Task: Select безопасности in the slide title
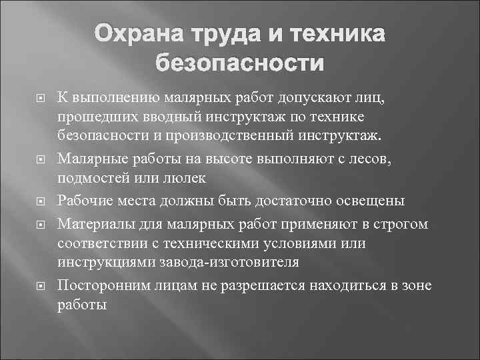coord(240,64)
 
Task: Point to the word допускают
coord(305,100)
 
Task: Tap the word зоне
coord(415,285)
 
